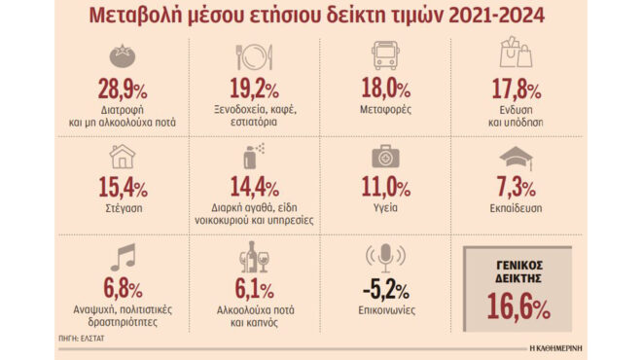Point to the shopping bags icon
coord(513,54)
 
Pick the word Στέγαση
coord(123,207)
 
